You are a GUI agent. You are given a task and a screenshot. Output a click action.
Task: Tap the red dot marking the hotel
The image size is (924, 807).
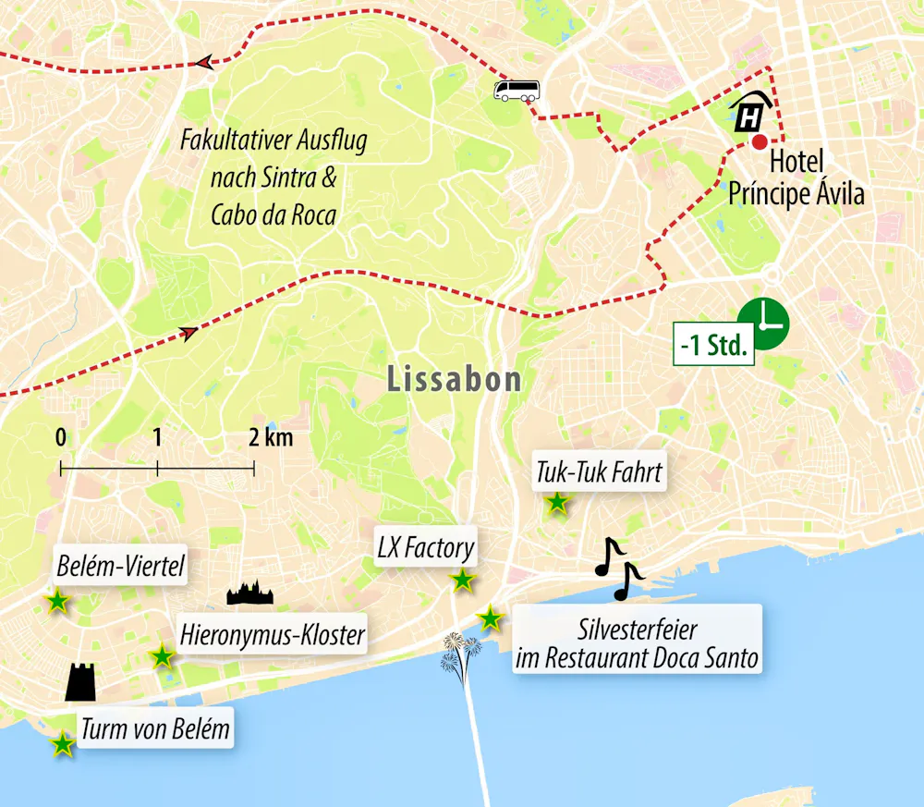(759, 141)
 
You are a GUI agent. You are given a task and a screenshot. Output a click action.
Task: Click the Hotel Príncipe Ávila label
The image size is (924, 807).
(796, 178)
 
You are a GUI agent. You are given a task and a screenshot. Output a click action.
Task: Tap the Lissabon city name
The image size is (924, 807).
(454, 379)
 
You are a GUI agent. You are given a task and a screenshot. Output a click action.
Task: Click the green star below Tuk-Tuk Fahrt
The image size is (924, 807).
(557, 504)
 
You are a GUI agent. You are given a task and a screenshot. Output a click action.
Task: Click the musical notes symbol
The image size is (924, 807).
(616, 567)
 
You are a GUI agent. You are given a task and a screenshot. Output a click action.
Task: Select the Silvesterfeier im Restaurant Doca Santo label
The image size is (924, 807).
(638, 644)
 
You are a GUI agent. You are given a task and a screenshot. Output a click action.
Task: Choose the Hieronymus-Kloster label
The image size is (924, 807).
(273, 636)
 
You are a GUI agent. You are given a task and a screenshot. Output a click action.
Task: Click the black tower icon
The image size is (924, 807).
(81, 681)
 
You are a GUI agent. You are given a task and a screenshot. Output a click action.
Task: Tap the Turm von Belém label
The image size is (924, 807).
(154, 728)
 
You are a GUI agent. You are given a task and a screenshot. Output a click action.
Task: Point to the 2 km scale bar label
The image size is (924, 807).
(272, 438)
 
